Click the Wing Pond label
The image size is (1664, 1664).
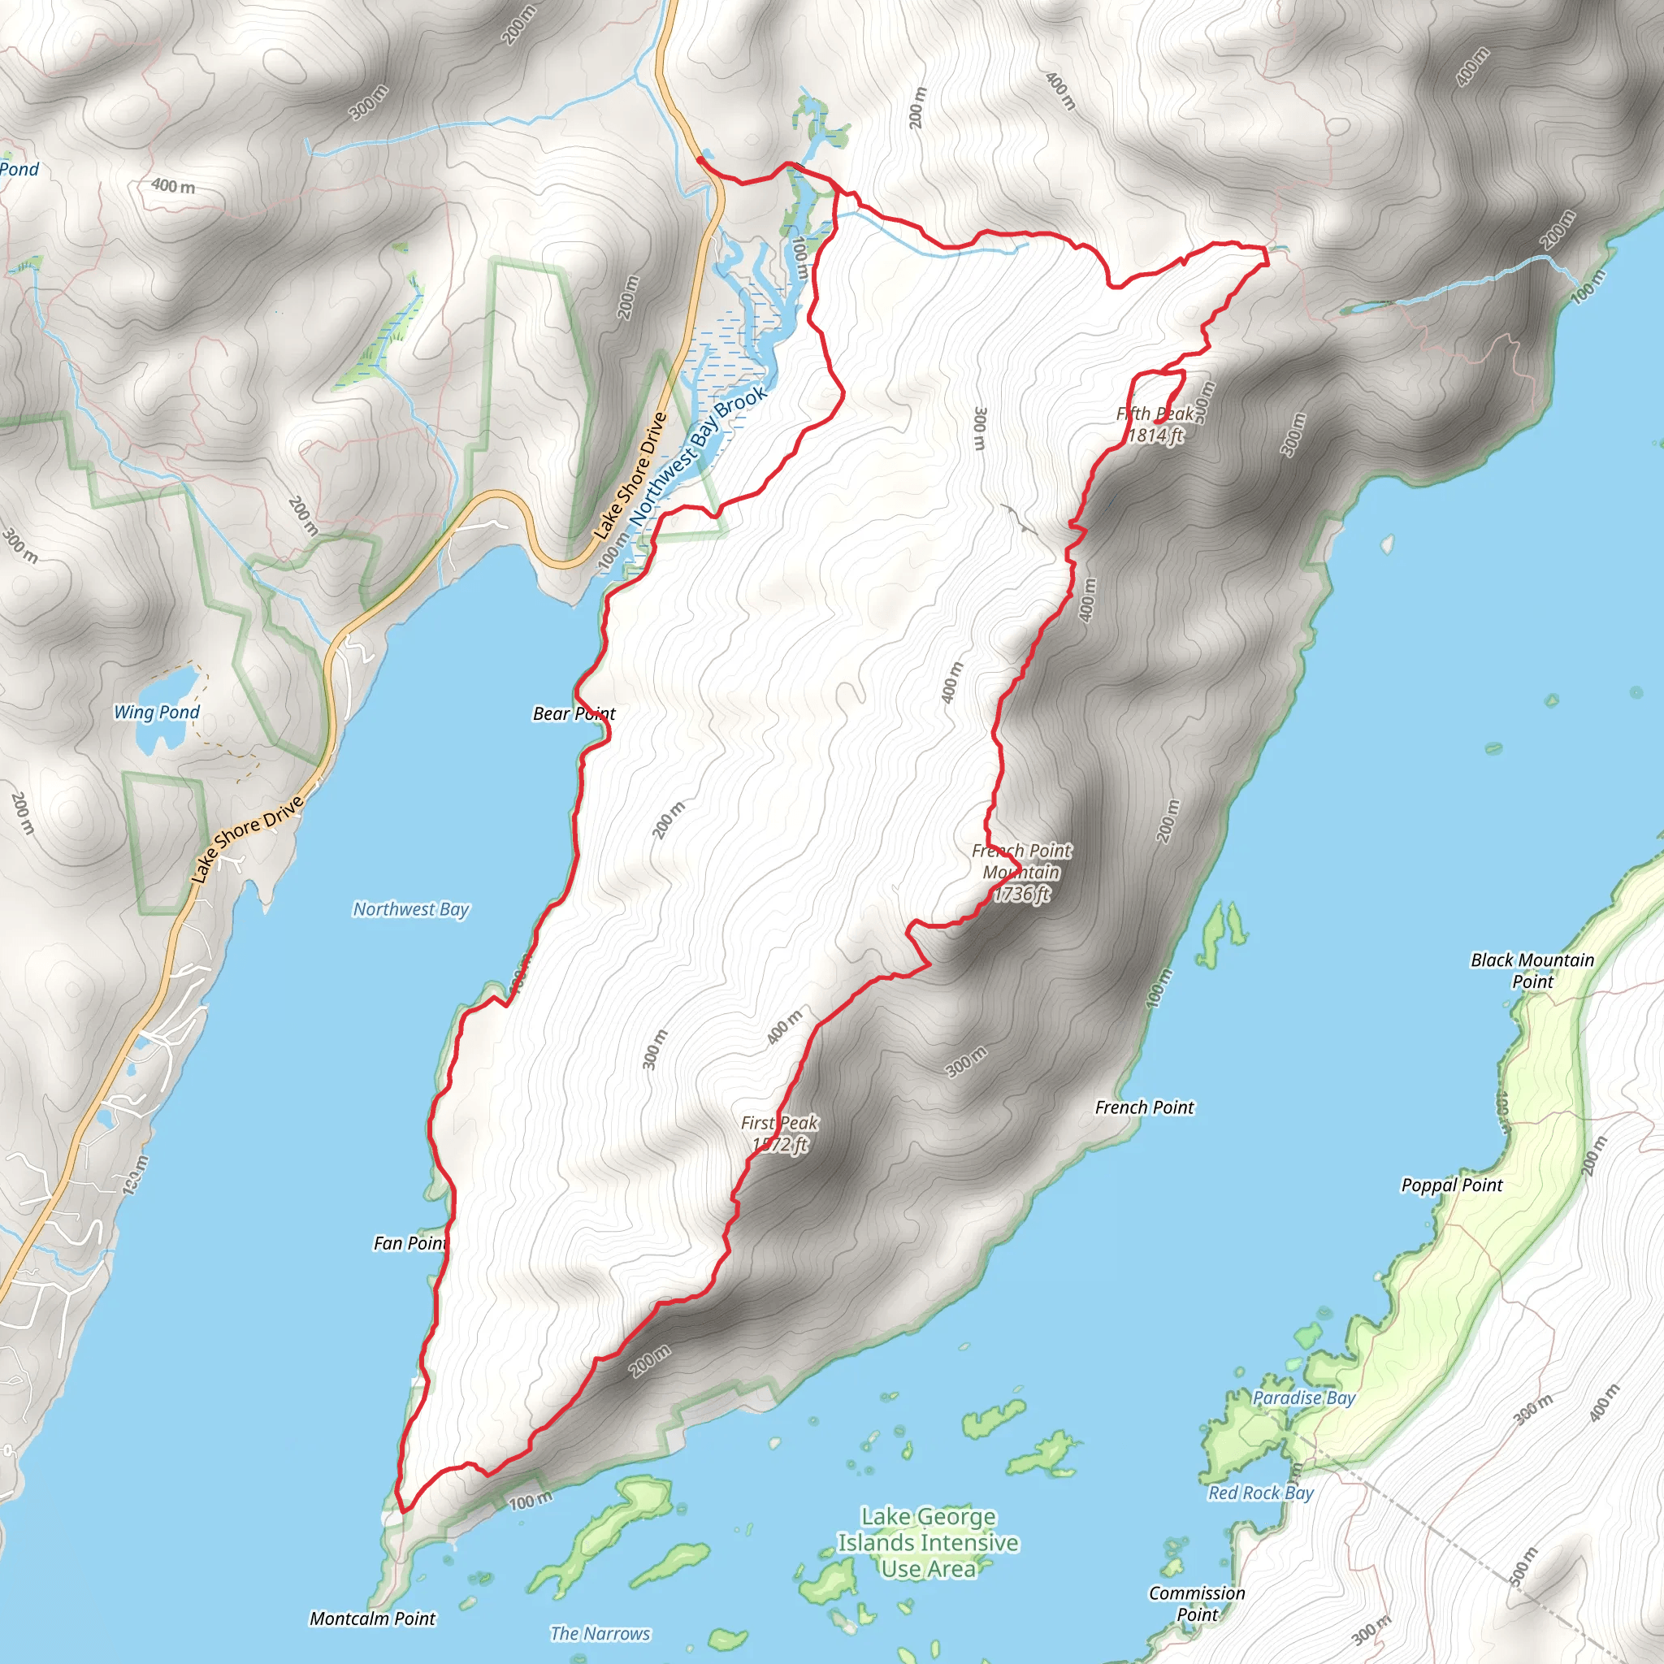(x=157, y=713)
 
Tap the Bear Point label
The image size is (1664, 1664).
(x=574, y=714)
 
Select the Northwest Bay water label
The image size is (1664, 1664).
(x=411, y=909)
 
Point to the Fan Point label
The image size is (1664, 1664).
(x=410, y=1243)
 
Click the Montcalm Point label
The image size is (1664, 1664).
(x=372, y=1618)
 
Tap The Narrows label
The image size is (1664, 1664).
(x=600, y=1633)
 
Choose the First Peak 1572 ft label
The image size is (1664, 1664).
(x=779, y=1133)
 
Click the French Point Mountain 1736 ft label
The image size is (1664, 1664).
(x=1021, y=872)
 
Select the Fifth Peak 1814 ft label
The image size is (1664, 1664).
(x=1155, y=425)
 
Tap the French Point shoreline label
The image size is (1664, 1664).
(x=1145, y=1107)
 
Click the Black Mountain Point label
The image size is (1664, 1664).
(x=1532, y=971)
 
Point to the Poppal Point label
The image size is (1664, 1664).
(x=1451, y=1185)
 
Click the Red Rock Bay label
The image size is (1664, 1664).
(x=1261, y=1493)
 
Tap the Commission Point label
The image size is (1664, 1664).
(x=1197, y=1604)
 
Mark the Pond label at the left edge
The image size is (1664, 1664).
(x=19, y=169)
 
